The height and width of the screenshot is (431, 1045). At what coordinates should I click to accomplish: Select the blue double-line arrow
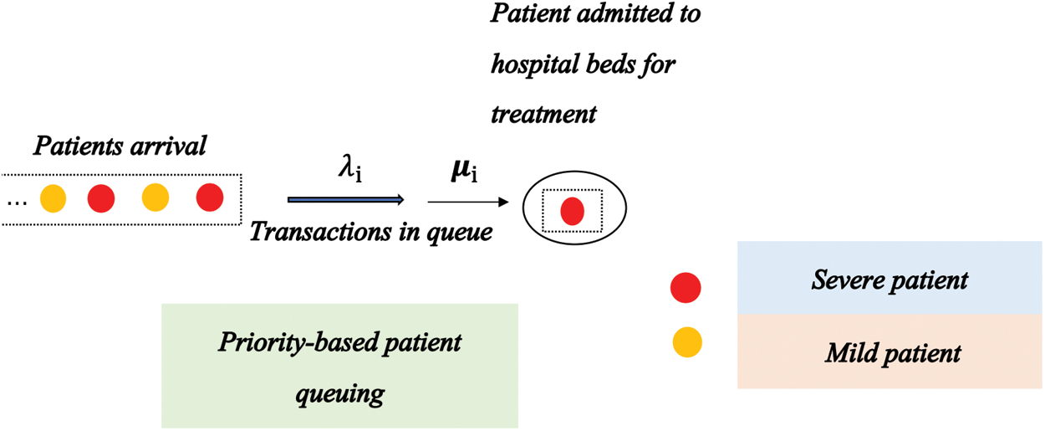pyautogui.click(x=345, y=200)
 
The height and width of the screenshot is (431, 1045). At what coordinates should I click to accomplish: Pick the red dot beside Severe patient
pyautogui.click(x=686, y=288)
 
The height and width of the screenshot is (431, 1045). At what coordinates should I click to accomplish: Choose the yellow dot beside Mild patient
pyautogui.click(x=687, y=342)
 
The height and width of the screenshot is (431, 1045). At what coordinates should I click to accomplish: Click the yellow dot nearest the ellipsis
pyautogui.click(x=53, y=199)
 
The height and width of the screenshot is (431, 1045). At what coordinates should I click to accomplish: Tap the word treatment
pyautogui.click(x=543, y=113)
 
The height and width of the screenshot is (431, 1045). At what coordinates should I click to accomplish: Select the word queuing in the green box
pyautogui.click(x=340, y=393)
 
